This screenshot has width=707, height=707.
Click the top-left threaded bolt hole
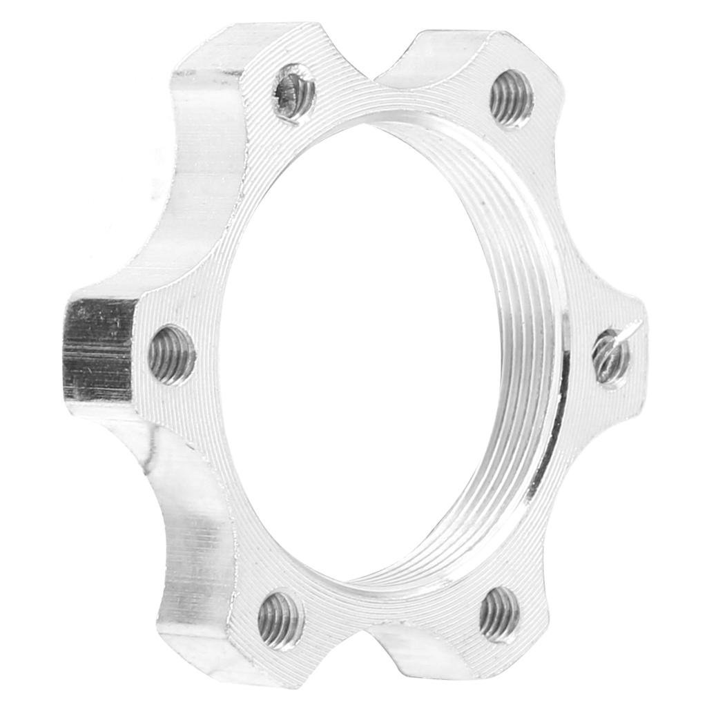(294, 93)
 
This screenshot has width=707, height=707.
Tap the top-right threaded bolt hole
(511, 98)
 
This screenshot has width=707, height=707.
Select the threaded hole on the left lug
(172, 355)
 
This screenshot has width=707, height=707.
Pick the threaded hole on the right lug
(610, 356)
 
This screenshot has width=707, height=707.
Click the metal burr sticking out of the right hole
(632, 331)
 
